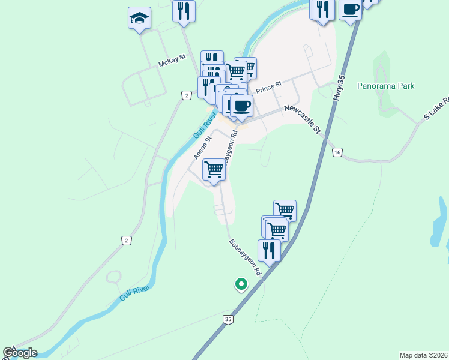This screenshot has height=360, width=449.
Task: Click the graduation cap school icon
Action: [139, 19]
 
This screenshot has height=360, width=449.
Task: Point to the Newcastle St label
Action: [303, 118]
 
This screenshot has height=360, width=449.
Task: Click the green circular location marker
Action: [241, 284]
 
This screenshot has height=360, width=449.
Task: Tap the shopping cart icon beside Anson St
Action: [214, 170]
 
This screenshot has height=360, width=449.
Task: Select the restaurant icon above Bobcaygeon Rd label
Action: [269, 250]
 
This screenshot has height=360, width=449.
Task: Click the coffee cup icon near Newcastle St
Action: [241, 106]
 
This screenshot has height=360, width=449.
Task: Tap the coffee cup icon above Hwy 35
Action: [350, 10]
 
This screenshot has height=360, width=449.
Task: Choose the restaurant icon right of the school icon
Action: [184, 10]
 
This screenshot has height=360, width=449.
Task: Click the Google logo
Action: [20, 353]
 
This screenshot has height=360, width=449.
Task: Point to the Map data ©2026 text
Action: [423, 355]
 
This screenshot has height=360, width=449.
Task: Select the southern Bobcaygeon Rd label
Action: [246, 258]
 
